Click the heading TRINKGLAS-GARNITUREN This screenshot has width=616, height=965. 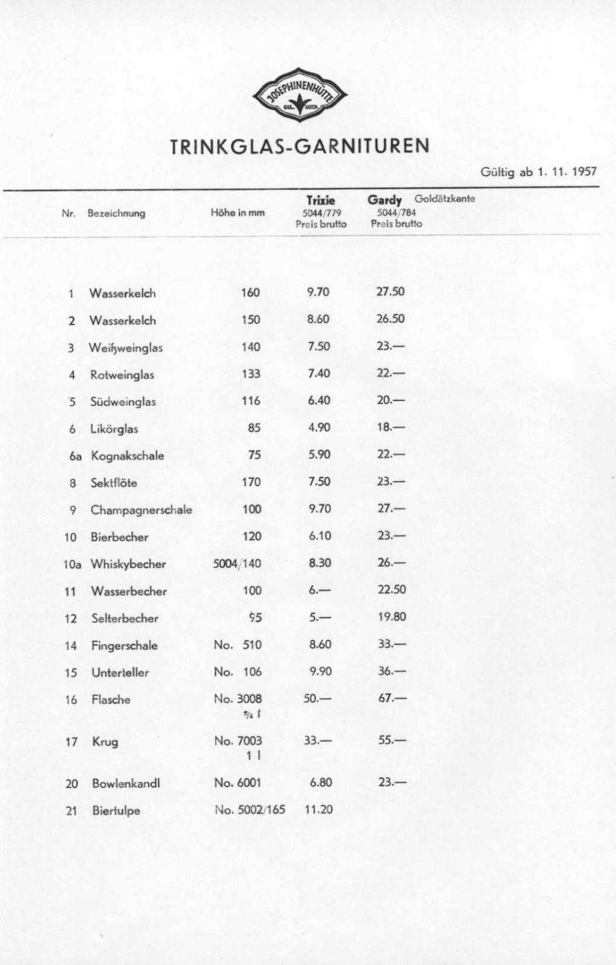(300, 147)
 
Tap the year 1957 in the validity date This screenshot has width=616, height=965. (584, 172)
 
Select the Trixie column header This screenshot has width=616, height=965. (321, 200)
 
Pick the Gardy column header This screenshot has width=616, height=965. (385, 200)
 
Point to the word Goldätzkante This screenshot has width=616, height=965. (445, 198)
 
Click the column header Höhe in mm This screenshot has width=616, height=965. (238, 213)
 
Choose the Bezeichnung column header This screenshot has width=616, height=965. (117, 213)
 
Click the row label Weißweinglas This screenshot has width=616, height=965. (126, 348)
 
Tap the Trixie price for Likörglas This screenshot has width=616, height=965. (319, 427)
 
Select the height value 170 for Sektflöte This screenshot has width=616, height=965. (251, 482)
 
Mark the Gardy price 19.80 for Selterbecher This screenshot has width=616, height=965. (392, 616)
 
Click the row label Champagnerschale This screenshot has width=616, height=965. (141, 510)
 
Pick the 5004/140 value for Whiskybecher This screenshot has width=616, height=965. (237, 563)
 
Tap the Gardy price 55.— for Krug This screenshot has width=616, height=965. (392, 741)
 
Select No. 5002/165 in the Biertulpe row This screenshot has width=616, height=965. (250, 809)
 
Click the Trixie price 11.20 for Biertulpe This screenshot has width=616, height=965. (319, 809)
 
